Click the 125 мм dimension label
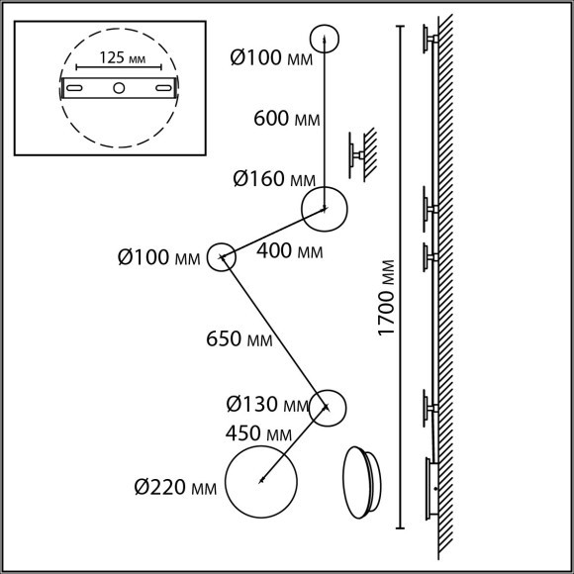123,57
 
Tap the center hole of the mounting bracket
119,88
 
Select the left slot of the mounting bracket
74,88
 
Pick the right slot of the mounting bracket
163,88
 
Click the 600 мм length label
287,119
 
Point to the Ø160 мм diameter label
274,179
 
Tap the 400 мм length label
290,251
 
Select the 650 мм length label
239,338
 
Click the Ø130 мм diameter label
267,405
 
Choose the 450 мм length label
258,433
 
